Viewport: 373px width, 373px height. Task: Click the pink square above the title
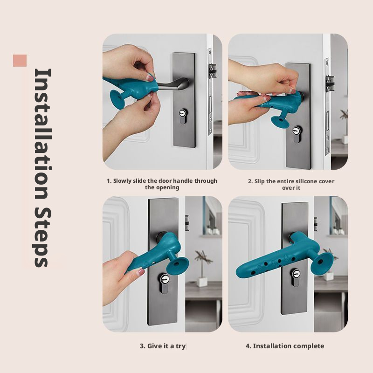20,61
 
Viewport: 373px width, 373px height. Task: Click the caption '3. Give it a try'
163,346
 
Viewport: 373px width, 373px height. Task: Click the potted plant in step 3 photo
202,270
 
